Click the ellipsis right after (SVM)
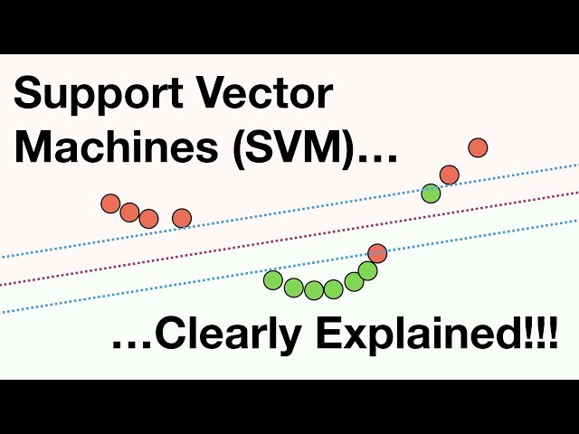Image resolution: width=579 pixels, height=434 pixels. pos(376,154)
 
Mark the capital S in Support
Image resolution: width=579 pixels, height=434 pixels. pos(31,95)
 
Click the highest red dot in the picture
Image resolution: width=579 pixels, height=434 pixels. pos(478,147)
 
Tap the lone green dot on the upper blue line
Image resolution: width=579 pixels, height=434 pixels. pos(431,193)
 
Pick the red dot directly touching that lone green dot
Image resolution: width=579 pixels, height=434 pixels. pos(449,175)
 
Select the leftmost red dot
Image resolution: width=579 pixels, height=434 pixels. pos(110,203)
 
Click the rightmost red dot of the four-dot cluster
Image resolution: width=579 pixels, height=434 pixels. pos(182,218)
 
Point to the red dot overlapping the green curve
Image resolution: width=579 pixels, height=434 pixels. pos(377,253)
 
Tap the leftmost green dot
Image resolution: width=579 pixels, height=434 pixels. pos(273,280)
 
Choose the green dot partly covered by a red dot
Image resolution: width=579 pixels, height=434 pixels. pos(366,270)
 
